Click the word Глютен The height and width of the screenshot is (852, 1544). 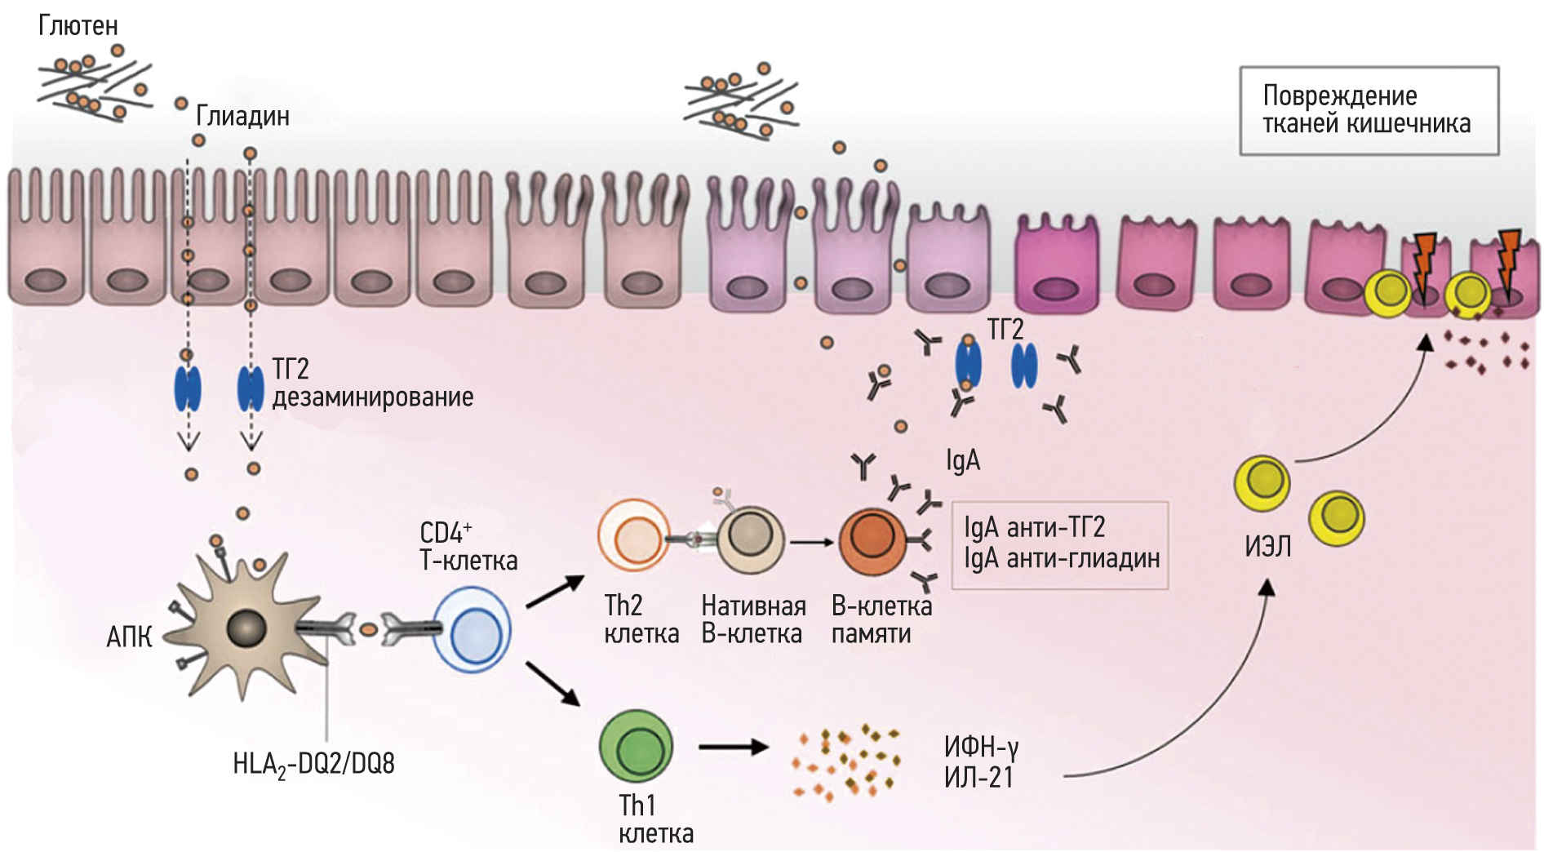coord(78,26)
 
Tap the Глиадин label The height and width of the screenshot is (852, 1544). coord(242,117)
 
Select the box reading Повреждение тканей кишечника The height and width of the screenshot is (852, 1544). coord(1369,110)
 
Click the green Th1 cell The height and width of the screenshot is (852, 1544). coord(636,747)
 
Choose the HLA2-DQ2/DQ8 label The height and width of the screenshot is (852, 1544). coord(313,765)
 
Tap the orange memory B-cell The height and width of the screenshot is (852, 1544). coord(872,541)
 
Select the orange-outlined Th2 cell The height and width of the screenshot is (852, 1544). coord(633,537)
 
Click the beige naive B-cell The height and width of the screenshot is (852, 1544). coord(750,539)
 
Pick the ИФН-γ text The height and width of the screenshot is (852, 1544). coord(981,747)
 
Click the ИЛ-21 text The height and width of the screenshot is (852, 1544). coord(978,778)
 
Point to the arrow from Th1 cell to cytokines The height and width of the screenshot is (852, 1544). coord(733,746)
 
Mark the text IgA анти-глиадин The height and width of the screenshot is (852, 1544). coord(1062,559)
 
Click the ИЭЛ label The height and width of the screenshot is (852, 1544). coord(1267,547)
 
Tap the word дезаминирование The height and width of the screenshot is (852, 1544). coord(373,397)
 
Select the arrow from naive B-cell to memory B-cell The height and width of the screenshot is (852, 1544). coord(812,540)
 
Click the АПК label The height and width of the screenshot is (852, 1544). coord(129,637)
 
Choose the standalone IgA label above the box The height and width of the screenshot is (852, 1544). coord(963,461)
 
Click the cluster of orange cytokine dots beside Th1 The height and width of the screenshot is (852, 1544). coord(845,761)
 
